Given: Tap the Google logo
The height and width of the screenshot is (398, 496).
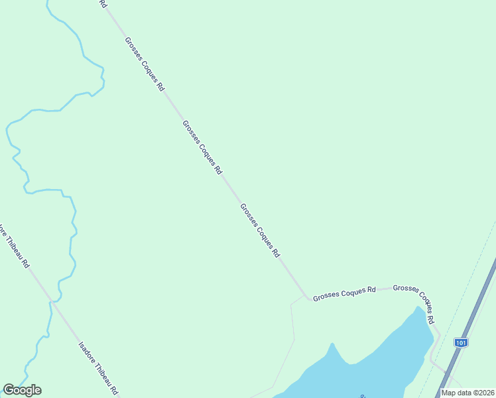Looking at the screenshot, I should coord(22,390).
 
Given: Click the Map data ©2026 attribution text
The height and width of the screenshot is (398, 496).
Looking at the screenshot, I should coord(467,392).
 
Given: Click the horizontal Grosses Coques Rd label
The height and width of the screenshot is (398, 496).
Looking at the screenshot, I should coord(344,293).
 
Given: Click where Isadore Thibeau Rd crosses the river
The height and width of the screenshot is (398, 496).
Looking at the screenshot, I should coord(50,302).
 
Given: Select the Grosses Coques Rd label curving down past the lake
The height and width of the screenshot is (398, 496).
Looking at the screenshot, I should coord(414,302).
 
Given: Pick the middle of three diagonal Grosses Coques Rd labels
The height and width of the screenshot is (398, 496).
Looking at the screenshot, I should coord(202,147).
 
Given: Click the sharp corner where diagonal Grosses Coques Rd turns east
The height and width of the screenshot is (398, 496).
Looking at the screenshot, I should coord(306,297).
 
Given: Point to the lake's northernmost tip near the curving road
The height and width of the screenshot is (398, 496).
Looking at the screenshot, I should coord(417,308).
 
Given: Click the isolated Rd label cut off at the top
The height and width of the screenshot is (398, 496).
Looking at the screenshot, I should coord(103,3).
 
